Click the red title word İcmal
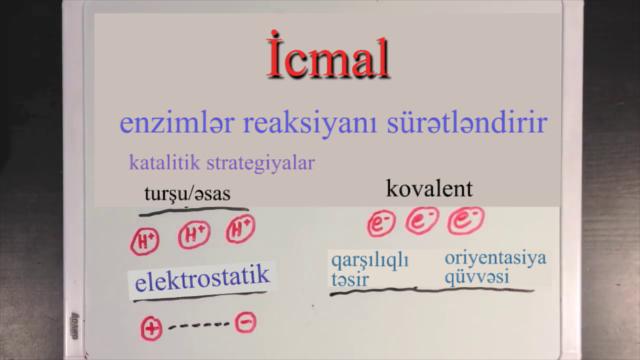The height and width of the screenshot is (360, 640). (x=328, y=56)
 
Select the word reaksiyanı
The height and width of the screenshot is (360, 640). (x=309, y=123)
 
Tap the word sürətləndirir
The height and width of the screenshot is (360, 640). (x=467, y=122)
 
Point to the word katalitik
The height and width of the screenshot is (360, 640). (x=164, y=162)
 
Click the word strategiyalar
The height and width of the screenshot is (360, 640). (x=261, y=163)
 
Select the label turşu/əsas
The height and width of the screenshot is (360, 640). (x=187, y=193)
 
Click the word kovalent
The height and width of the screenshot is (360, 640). (x=429, y=189)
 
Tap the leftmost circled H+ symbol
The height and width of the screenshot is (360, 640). (x=145, y=241)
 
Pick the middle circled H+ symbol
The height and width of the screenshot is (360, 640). (x=194, y=235)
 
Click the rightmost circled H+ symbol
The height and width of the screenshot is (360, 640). (x=241, y=229)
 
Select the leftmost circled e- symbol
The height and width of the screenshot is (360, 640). (x=381, y=223)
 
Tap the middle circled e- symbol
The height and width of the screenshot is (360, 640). (x=422, y=220)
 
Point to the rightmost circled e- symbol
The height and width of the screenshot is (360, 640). (x=466, y=220)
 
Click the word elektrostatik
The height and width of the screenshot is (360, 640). (x=202, y=278)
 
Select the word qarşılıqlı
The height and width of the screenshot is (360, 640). (x=370, y=260)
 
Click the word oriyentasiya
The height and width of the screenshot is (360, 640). (x=496, y=258)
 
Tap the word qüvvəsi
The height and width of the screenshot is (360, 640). (x=477, y=278)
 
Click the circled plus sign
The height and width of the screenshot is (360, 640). (x=151, y=329)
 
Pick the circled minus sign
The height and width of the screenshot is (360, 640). (x=245, y=322)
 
